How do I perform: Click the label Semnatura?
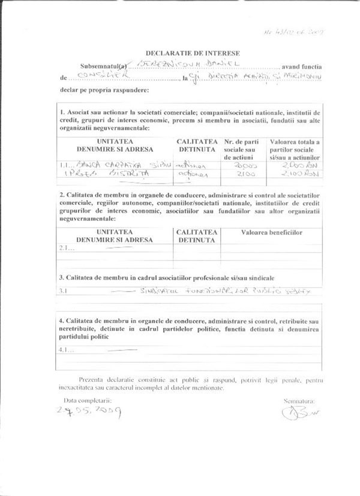tap(298, 399)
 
